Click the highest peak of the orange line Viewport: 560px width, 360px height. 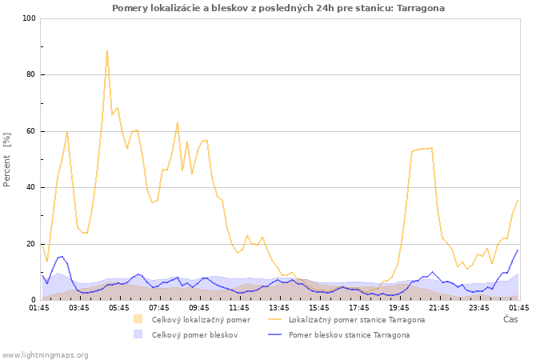[106, 51]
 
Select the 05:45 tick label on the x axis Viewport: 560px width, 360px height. [119, 308]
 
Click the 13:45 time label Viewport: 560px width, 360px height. [279, 308]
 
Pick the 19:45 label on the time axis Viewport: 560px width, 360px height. [399, 308]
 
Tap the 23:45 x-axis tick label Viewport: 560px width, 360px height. [479, 308]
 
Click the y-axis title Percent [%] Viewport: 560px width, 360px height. [6, 160]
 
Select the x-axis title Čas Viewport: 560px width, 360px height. [510, 319]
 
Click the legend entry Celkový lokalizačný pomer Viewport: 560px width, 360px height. [201, 320]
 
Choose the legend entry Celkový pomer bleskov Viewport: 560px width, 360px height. [194, 335]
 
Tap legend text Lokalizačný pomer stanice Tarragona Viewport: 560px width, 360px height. [357, 320]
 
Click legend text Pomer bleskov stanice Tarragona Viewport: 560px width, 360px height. [350, 335]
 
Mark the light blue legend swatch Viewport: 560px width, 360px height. [138, 334]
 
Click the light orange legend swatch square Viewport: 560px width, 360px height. [138, 319]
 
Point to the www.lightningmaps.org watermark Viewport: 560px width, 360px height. [45, 355]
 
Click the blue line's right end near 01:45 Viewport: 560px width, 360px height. [518, 250]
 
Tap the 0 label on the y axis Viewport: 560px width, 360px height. [34, 300]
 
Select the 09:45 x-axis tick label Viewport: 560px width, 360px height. [199, 308]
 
